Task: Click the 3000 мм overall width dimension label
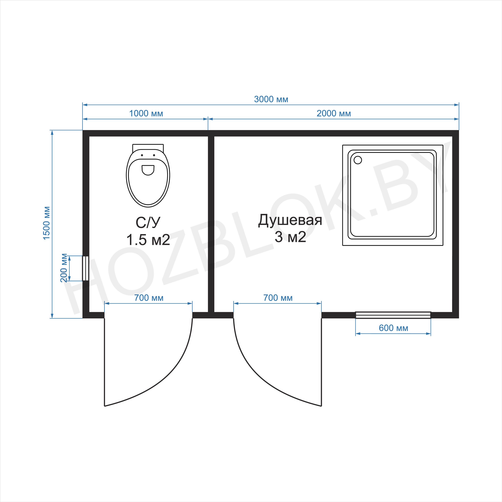tap(271, 99)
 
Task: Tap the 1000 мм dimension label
tap(146, 114)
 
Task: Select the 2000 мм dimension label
tap(334, 114)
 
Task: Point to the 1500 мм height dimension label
tap(46, 223)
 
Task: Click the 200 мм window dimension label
tap(64, 268)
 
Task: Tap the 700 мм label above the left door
tap(149, 298)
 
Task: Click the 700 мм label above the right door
tap(278, 298)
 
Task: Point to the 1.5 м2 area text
tap(148, 240)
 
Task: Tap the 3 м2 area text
tap(290, 237)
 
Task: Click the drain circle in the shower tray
tap(358, 160)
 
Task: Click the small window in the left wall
tap(85, 268)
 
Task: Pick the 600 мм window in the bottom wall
tap(393, 315)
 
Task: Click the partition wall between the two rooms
tap(211, 224)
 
